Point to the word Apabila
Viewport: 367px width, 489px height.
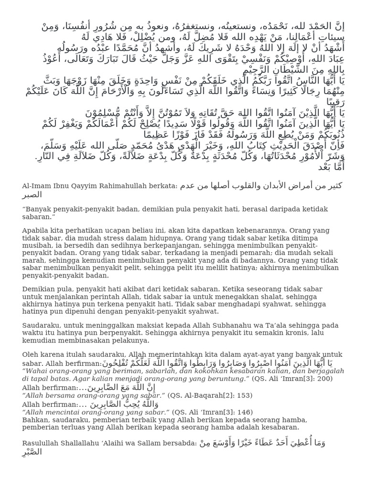coord(36,231)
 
